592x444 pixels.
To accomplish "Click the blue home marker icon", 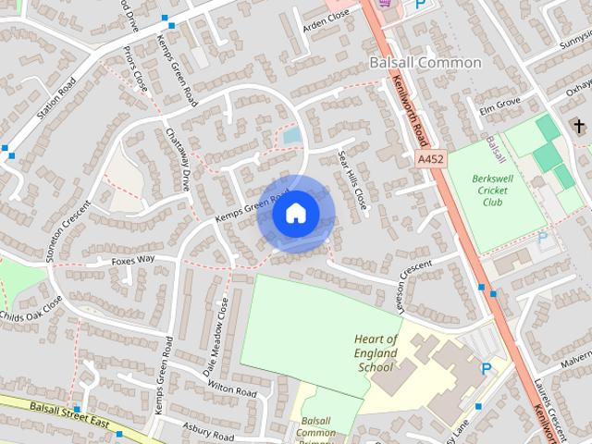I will click(x=295, y=213).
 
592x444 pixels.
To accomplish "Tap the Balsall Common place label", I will click(x=425, y=63).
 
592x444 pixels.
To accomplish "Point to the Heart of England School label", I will click(x=376, y=352).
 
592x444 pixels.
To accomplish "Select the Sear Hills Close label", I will click(x=353, y=179).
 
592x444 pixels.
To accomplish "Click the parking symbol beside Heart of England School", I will click(x=487, y=369).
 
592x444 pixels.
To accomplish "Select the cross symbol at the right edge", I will click(x=579, y=126).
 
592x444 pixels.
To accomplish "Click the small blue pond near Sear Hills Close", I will click(x=291, y=136).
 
